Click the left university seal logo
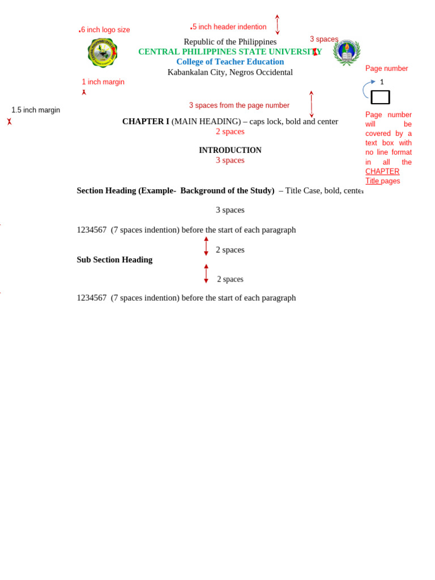[x=103, y=53]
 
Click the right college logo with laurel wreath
[x=346, y=52]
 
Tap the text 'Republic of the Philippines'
[x=230, y=42]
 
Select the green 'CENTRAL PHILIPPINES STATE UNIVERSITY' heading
[x=230, y=52]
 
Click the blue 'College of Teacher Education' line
[x=230, y=62]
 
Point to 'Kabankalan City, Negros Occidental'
[x=230, y=72]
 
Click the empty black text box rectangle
[x=380, y=97]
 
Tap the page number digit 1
[x=382, y=82]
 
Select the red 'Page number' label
[x=386, y=69]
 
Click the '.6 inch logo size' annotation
[x=105, y=30]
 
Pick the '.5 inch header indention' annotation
[x=229, y=27]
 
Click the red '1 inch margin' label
[x=103, y=82]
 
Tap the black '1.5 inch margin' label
[x=36, y=110]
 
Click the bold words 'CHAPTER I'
[x=146, y=121]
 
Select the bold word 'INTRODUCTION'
[x=230, y=150]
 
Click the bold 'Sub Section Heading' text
[x=114, y=259]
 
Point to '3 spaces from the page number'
[x=239, y=105]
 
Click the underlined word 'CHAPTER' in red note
[x=382, y=172]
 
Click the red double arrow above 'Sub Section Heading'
[x=206, y=246]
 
